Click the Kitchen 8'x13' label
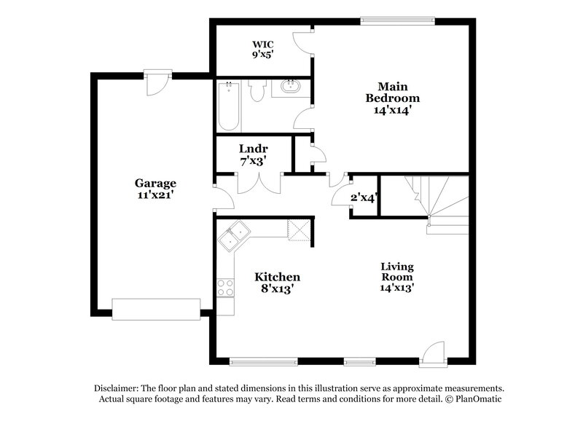[277, 283]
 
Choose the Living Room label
[397, 277]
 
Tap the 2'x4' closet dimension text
[363, 197]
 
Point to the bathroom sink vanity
[291, 88]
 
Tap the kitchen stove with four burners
[225, 287]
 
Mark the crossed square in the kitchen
[298, 229]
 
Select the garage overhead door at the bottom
[155, 308]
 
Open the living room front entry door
[434, 354]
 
